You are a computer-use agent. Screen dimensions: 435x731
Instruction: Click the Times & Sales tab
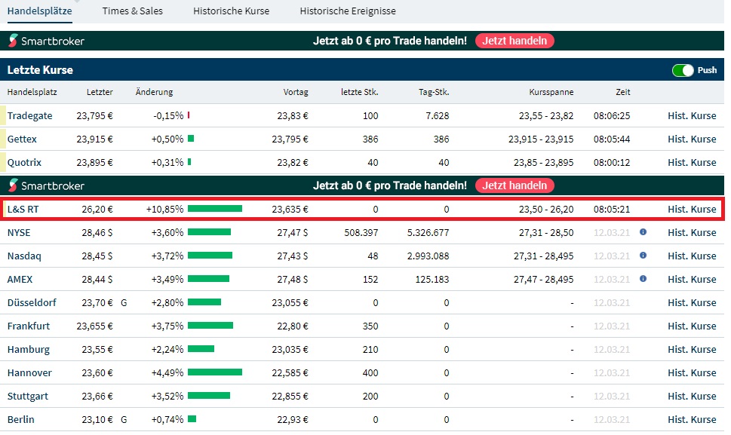coord(132,11)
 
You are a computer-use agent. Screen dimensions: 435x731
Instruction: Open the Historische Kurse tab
coord(231,11)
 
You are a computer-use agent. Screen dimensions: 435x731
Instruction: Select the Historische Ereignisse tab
coord(348,11)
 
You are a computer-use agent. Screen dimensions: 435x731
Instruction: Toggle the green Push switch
coord(683,70)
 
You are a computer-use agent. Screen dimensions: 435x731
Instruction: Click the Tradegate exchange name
coord(30,116)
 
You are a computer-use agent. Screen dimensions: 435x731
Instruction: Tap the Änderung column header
coord(154,92)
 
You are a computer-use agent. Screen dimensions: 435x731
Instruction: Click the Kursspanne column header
coord(551,92)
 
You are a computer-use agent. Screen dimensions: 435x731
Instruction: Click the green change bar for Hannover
coord(215,372)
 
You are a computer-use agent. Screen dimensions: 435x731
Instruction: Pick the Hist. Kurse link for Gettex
coord(692,139)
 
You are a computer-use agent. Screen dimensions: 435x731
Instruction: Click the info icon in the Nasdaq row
coord(643,256)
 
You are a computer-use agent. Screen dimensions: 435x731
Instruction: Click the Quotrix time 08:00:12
coord(612,163)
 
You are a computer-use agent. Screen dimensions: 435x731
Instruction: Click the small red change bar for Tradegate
coord(189,116)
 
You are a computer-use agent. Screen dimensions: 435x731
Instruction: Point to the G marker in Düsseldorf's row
coord(124,303)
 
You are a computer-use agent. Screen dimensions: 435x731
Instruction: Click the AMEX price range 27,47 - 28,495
coord(542,280)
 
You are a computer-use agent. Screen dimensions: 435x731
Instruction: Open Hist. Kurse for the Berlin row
coord(692,419)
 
